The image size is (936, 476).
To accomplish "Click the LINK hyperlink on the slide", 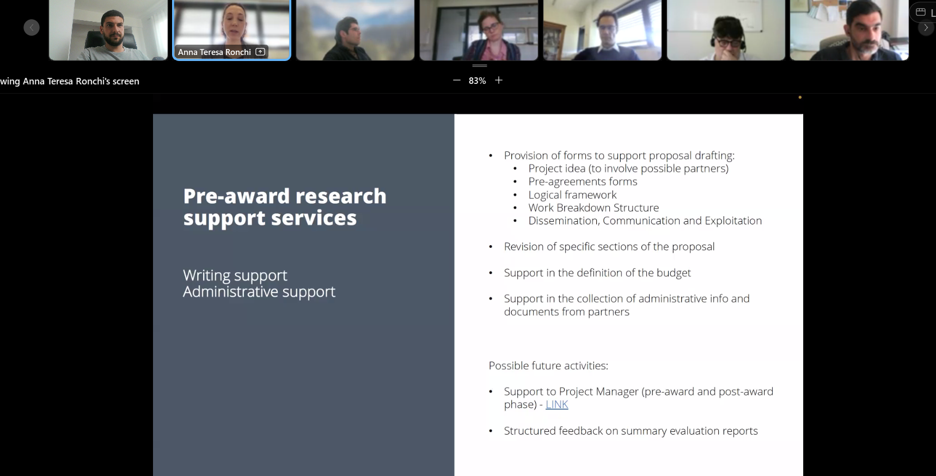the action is click(556, 405).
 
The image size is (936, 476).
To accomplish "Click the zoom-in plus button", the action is click(499, 81).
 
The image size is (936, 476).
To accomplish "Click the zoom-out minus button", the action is click(457, 81).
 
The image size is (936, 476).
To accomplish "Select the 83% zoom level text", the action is click(477, 81).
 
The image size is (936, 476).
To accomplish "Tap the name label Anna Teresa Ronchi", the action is click(215, 52).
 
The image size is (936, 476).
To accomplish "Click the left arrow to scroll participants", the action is click(32, 27).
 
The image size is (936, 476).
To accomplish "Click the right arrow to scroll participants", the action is click(926, 27).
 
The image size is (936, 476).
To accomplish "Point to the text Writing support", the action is click(235, 276).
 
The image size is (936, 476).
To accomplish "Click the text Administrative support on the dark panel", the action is click(259, 292).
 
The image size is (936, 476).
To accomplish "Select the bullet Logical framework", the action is click(572, 195).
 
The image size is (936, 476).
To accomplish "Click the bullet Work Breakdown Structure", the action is click(594, 208).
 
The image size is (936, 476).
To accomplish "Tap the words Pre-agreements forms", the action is click(583, 181).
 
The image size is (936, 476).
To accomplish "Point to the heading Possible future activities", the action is click(548, 365).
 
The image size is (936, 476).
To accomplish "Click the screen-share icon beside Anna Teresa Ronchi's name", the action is click(260, 52).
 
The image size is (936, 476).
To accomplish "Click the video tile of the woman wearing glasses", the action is click(479, 30).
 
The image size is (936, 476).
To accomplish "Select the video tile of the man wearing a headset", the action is click(726, 30).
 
